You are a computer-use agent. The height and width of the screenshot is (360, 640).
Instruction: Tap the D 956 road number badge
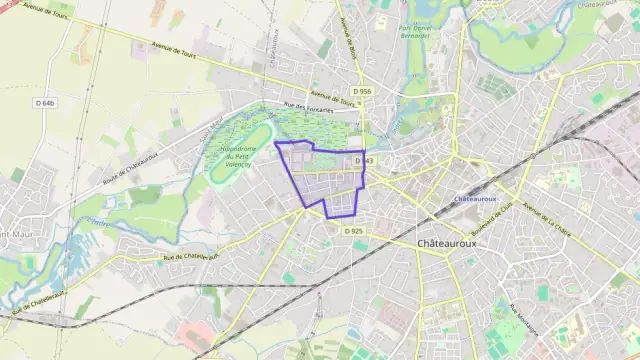pyautogui.click(x=362, y=91)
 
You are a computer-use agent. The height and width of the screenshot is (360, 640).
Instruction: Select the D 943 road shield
pyautogui.click(x=363, y=160)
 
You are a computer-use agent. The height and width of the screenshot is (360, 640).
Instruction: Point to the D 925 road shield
pyautogui.click(x=353, y=231)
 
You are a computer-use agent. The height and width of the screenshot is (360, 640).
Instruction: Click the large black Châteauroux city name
pyautogui.click(x=449, y=244)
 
